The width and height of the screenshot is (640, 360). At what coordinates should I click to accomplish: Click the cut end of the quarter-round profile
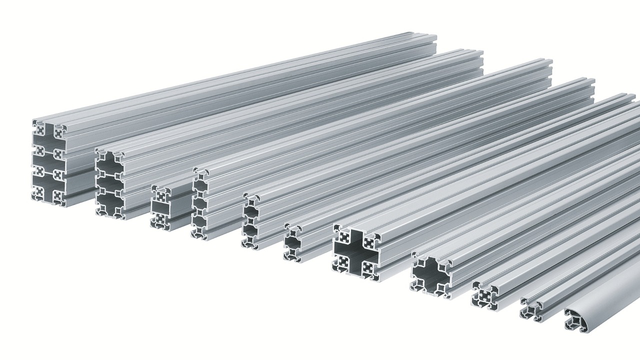point(575,320)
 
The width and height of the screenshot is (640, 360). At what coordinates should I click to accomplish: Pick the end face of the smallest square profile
point(530,309)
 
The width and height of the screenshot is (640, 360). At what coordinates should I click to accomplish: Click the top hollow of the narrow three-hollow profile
point(200,186)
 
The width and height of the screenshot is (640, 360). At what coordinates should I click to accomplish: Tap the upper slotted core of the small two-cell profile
point(160,194)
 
